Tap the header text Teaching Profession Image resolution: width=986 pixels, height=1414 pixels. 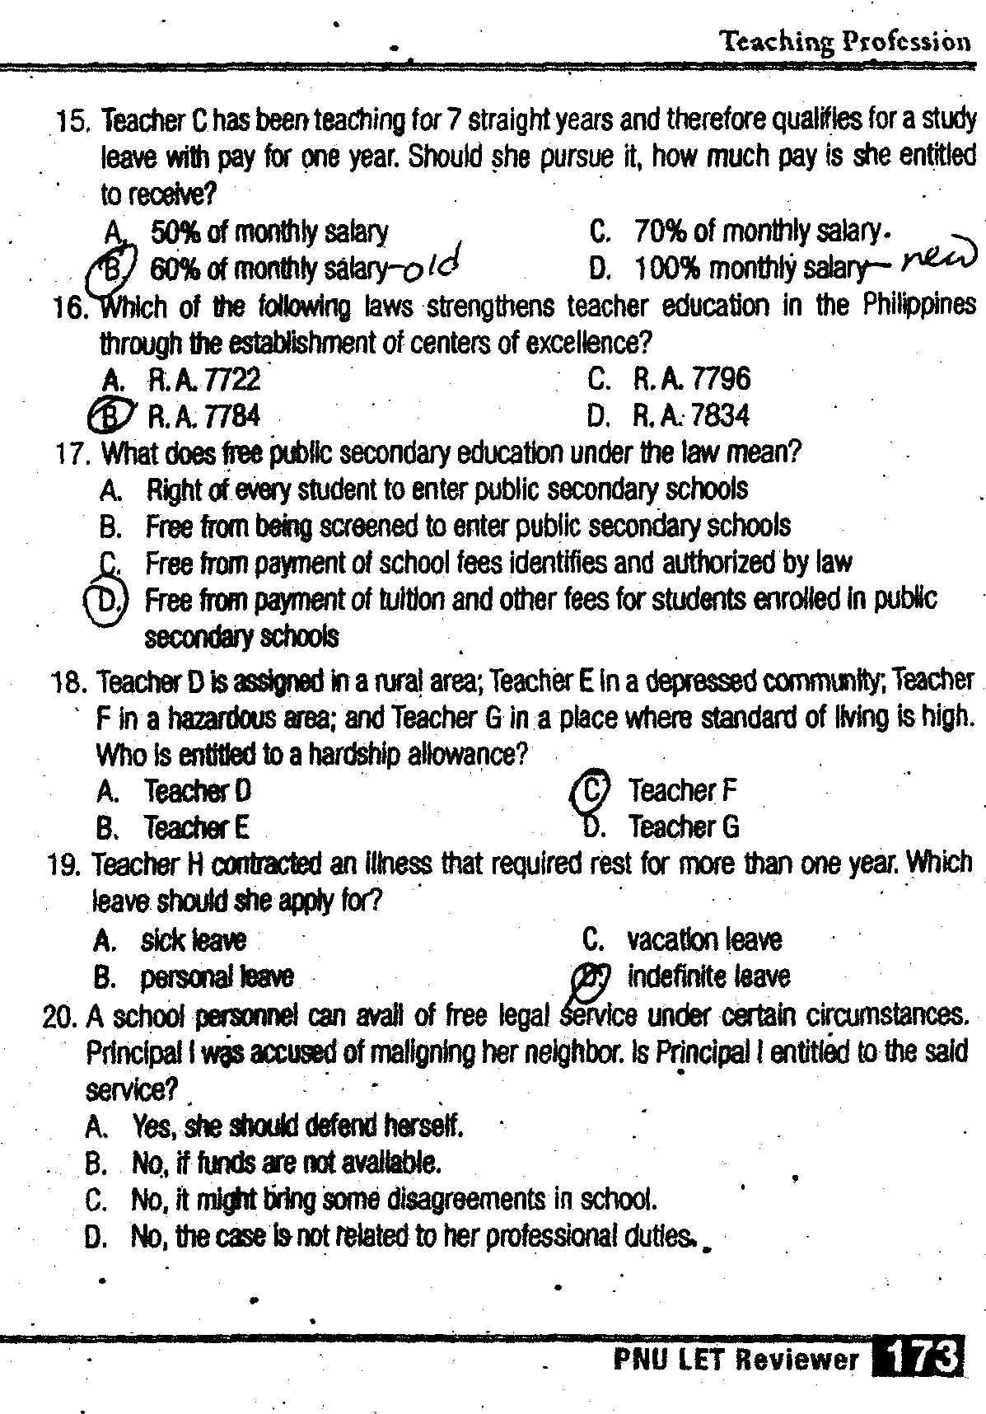point(845,41)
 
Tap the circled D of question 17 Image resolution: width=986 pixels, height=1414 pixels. point(107,600)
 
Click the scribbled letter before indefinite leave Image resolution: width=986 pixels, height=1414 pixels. point(591,976)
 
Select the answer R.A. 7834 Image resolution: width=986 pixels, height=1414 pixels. point(691,415)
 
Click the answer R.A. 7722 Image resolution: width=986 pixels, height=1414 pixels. point(203,379)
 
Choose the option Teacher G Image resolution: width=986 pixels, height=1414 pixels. point(683,826)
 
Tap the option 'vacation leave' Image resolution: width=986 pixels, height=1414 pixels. point(704,939)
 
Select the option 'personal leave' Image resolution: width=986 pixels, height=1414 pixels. point(217,977)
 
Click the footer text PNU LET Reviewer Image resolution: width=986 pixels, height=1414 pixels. point(736,1358)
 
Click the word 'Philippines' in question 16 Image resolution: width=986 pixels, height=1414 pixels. point(919,305)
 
